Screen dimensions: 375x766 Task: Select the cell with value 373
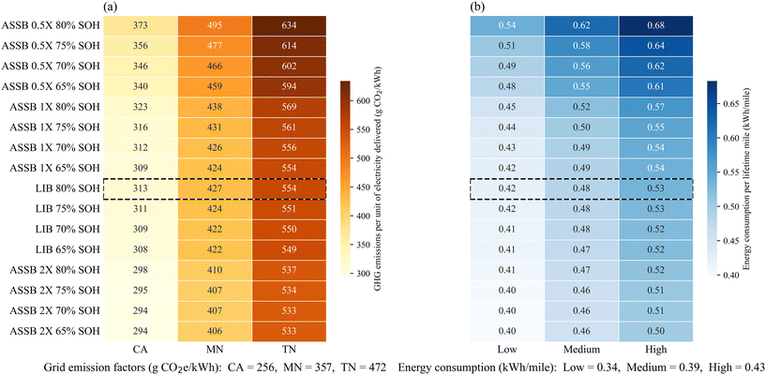pos(140,25)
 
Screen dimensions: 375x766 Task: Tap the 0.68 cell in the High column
pos(655,25)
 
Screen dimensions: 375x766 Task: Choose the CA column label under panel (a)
pos(140,350)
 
